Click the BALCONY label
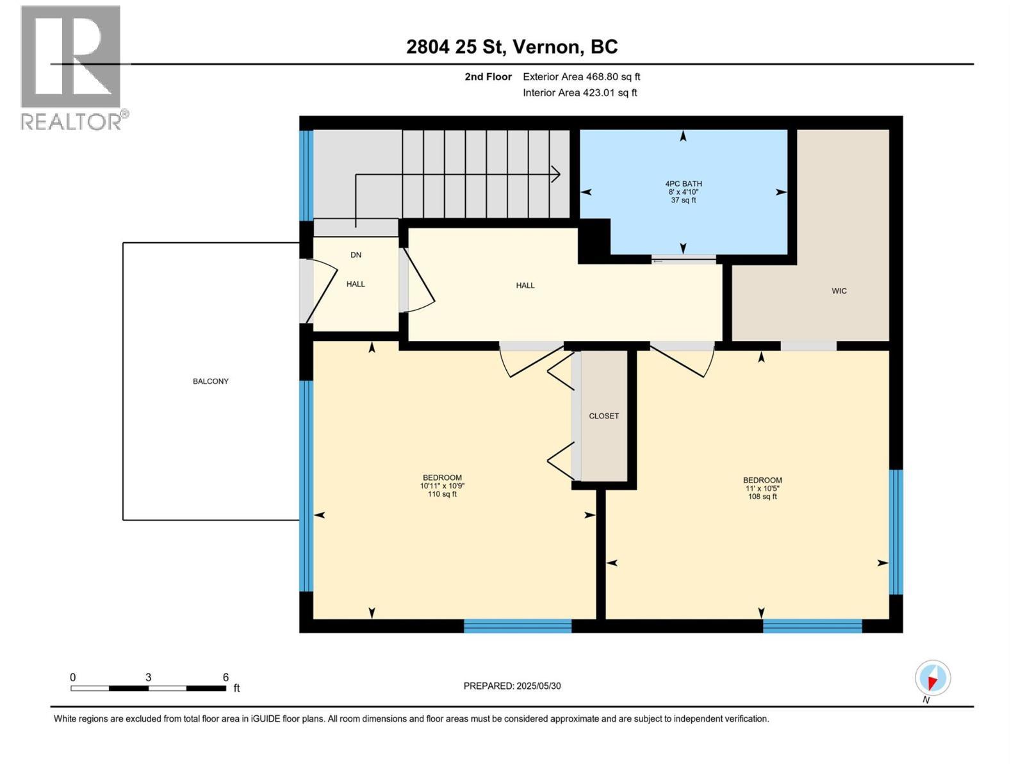tap(210, 381)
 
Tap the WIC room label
tap(839, 291)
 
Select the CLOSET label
tap(603, 416)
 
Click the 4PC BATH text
tap(683, 184)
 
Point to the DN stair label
tap(356, 255)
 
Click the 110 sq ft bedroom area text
tap(442, 494)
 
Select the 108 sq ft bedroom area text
tap(762, 497)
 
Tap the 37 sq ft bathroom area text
tap(683, 201)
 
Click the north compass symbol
tap(932, 678)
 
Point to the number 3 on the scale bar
tap(148, 677)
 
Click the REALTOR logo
tap(72, 67)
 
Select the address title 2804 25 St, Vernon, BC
tap(512, 47)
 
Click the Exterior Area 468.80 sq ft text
tap(581, 77)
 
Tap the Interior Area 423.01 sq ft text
tap(580, 93)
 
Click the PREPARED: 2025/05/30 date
tap(512, 686)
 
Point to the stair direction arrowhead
tap(556, 174)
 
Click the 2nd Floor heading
tap(488, 77)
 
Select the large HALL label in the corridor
tap(525, 286)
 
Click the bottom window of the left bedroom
tap(517, 625)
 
